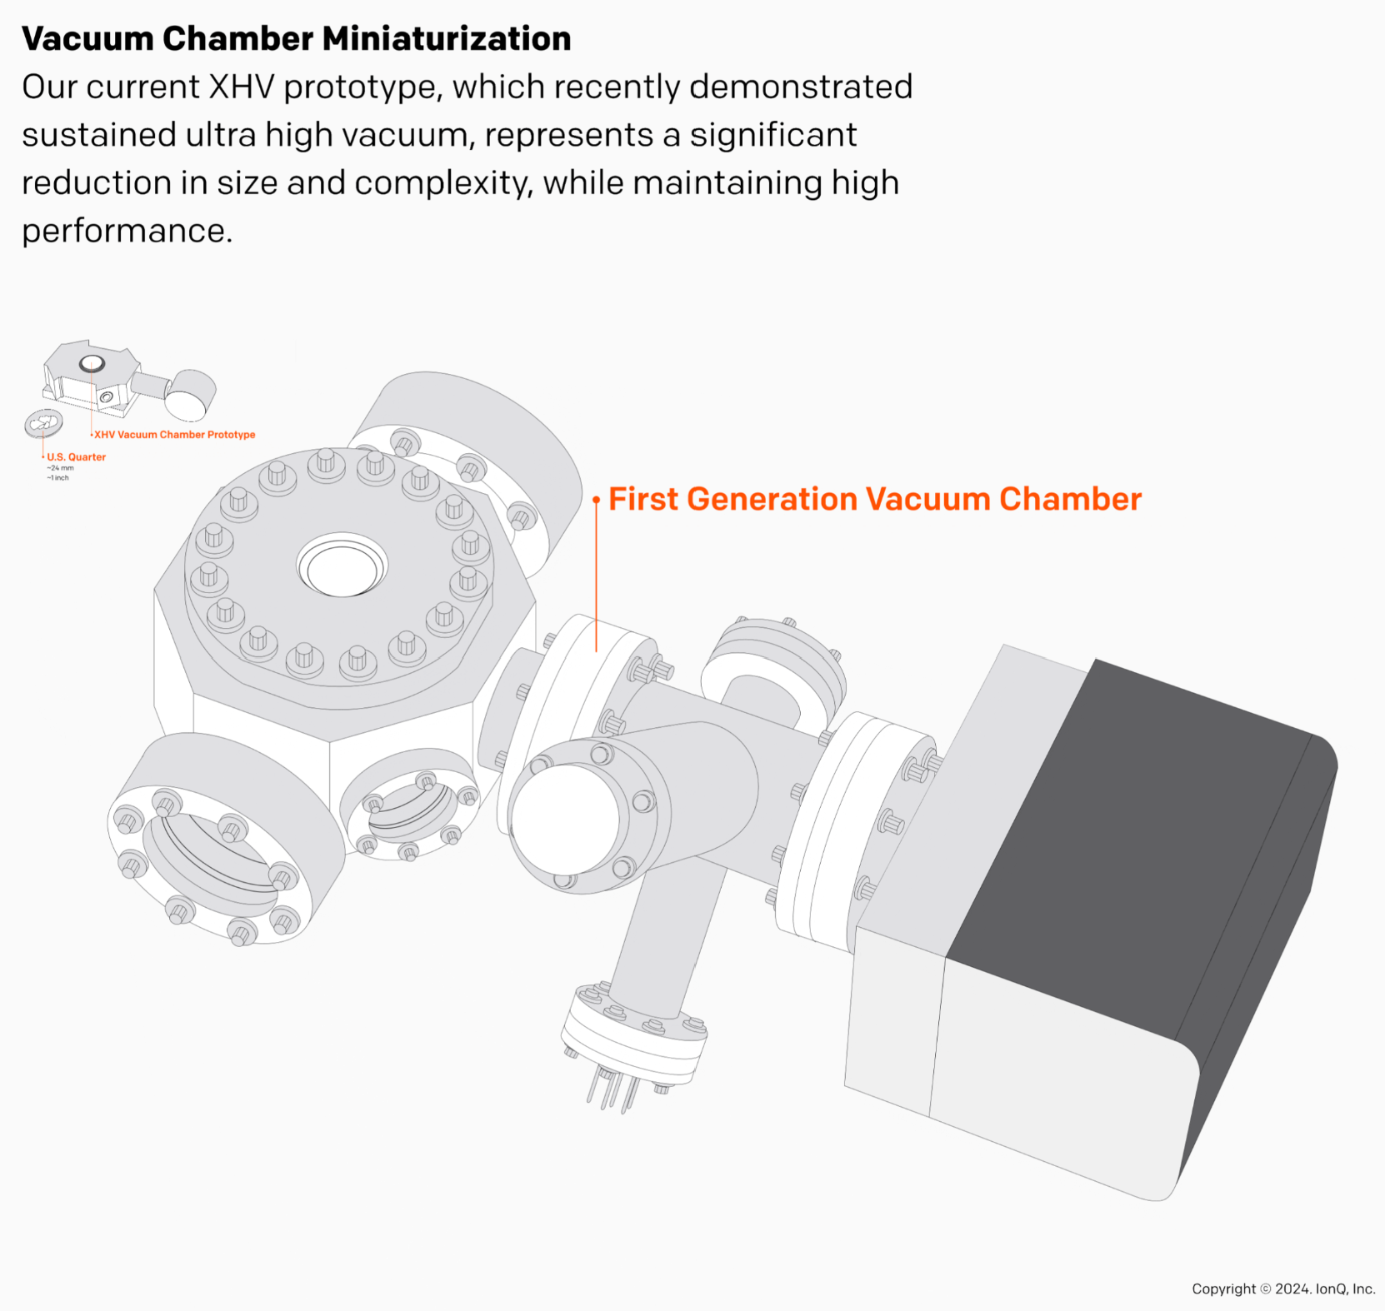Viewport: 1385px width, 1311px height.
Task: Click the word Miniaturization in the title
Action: [x=446, y=39]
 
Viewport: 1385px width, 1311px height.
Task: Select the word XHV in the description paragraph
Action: [x=241, y=87]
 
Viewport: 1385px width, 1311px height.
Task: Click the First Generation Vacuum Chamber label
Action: [x=874, y=499]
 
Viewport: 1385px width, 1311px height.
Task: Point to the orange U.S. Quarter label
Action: [x=76, y=456]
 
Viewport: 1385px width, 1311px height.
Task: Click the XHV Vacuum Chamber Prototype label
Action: [x=174, y=435]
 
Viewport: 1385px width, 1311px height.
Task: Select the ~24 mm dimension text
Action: [x=61, y=468]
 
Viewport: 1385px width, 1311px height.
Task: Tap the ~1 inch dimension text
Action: [x=58, y=478]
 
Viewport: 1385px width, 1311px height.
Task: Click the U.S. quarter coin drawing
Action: [x=43, y=423]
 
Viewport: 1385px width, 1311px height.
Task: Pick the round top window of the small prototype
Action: [x=92, y=363]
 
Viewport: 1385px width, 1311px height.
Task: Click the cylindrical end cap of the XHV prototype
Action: [x=191, y=394]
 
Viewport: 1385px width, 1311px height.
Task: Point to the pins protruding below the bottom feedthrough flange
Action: [x=612, y=1092]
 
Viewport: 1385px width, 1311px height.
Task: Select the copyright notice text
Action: [x=1282, y=1289]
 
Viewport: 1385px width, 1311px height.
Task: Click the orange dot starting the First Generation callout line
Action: [x=596, y=500]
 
